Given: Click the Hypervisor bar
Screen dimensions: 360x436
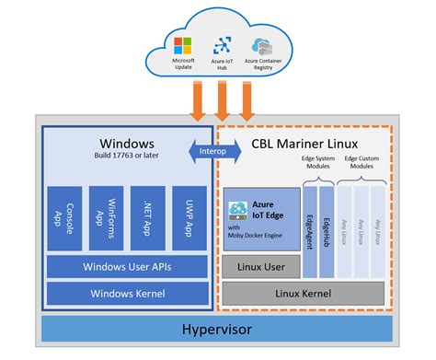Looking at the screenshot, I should [x=217, y=329].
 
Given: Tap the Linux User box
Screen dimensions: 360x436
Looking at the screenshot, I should [x=260, y=267].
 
